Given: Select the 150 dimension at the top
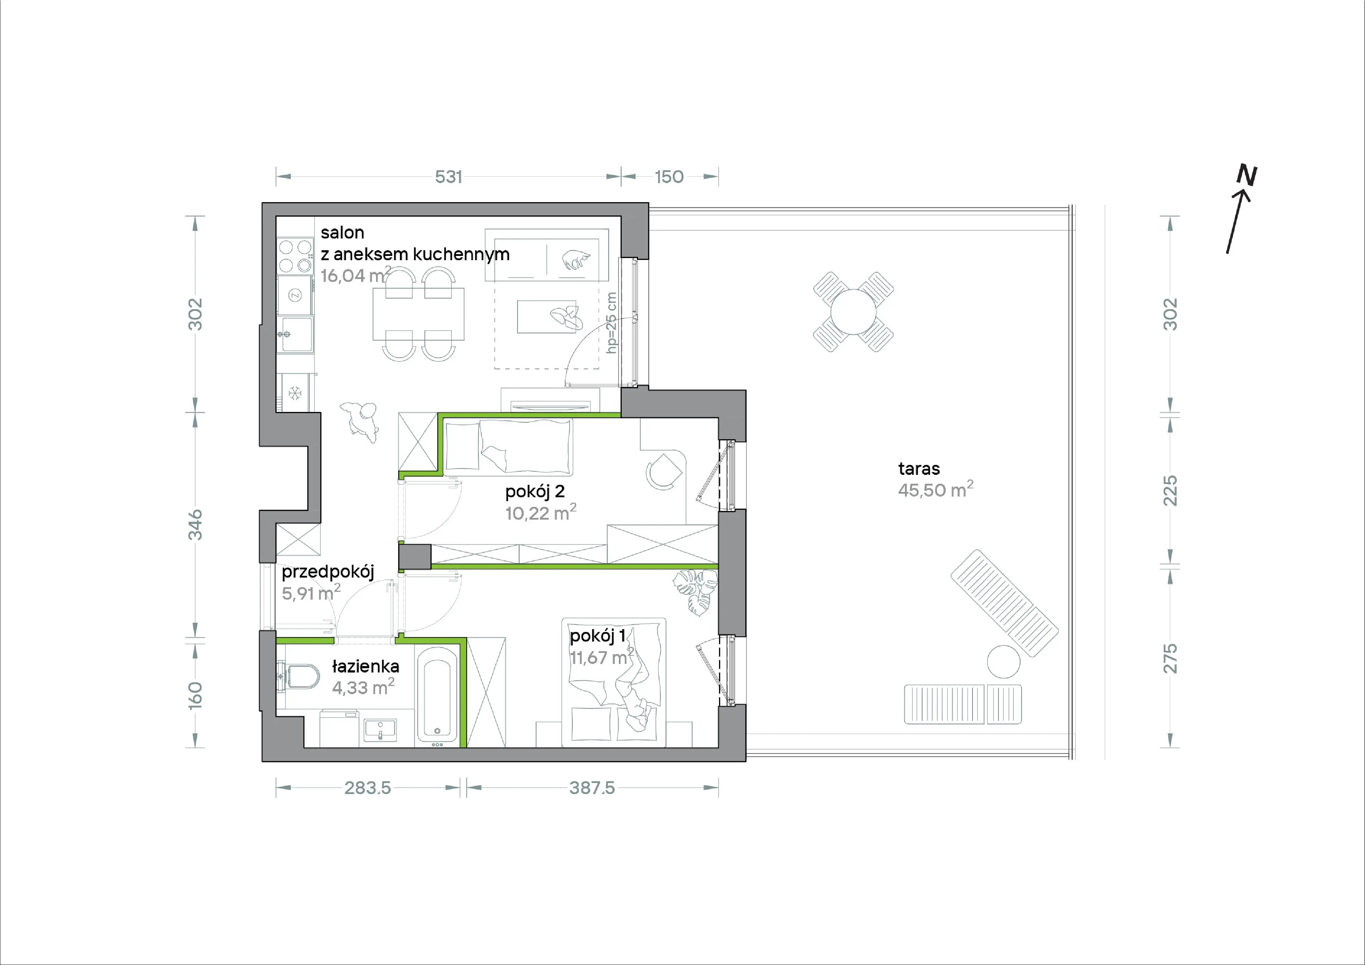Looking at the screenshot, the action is click(x=669, y=177).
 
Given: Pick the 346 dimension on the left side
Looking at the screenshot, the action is click(x=195, y=525).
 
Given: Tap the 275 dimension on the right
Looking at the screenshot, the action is click(x=1169, y=659).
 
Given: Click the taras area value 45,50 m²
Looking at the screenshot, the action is click(x=935, y=489).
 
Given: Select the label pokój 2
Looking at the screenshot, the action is click(x=535, y=492).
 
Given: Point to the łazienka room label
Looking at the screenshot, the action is click(x=365, y=666).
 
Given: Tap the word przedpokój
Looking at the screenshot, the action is click(x=328, y=572).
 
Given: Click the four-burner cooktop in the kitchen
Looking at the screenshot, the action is click(x=295, y=255).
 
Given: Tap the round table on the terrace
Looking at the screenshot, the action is click(x=853, y=312).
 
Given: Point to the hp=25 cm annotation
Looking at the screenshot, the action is click(x=611, y=323).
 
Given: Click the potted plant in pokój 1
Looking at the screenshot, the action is click(x=695, y=591).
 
